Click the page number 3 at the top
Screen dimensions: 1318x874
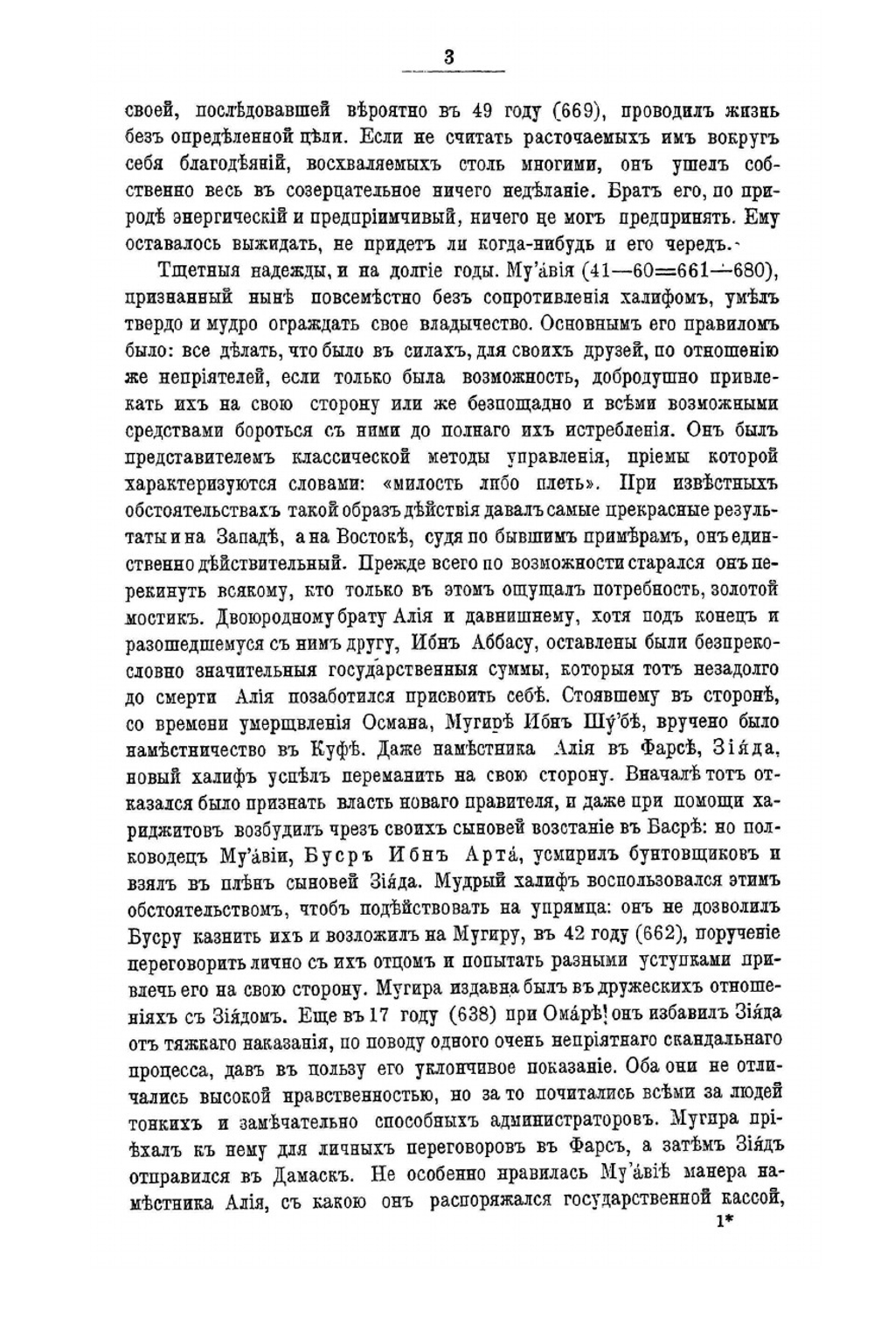448,58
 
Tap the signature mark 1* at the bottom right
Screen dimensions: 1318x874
723,1224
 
